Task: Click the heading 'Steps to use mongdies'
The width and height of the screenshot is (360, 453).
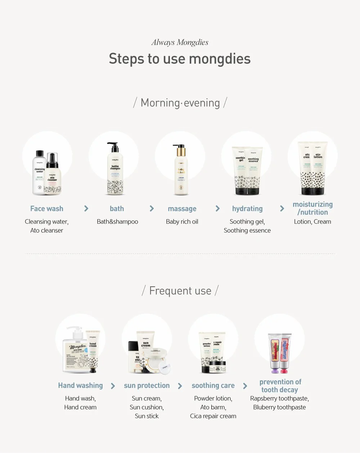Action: point(180,59)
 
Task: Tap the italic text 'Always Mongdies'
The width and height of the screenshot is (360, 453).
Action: point(180,42)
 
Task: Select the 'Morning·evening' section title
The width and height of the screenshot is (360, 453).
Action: point(180,103)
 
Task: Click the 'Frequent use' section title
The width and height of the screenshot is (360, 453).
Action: point(180,291)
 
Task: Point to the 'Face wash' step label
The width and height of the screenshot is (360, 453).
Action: point(47,209)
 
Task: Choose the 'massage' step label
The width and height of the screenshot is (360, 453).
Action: point(182,209)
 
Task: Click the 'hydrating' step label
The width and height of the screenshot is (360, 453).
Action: point(247,209)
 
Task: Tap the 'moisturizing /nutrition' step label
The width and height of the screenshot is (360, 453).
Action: point(312,208)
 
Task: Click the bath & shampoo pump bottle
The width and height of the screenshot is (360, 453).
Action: point(115,171)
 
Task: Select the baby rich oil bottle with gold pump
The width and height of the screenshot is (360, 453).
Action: point(181,171)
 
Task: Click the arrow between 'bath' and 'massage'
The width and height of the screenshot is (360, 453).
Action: point(152,209)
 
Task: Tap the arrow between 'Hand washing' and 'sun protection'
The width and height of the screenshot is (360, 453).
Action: point(113,386)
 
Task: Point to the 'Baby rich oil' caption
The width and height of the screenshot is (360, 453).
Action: point(182,222)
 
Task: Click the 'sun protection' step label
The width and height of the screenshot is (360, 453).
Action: point(147,386)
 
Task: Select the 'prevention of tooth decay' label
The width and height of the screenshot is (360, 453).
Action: point(280,386)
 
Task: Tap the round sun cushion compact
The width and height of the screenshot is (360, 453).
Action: point(157,360)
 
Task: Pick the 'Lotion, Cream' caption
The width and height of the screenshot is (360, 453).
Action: point(312,222)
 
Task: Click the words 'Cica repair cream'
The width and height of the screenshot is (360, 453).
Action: point(213,416)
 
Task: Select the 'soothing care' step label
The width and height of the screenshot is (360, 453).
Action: point(213,386)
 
